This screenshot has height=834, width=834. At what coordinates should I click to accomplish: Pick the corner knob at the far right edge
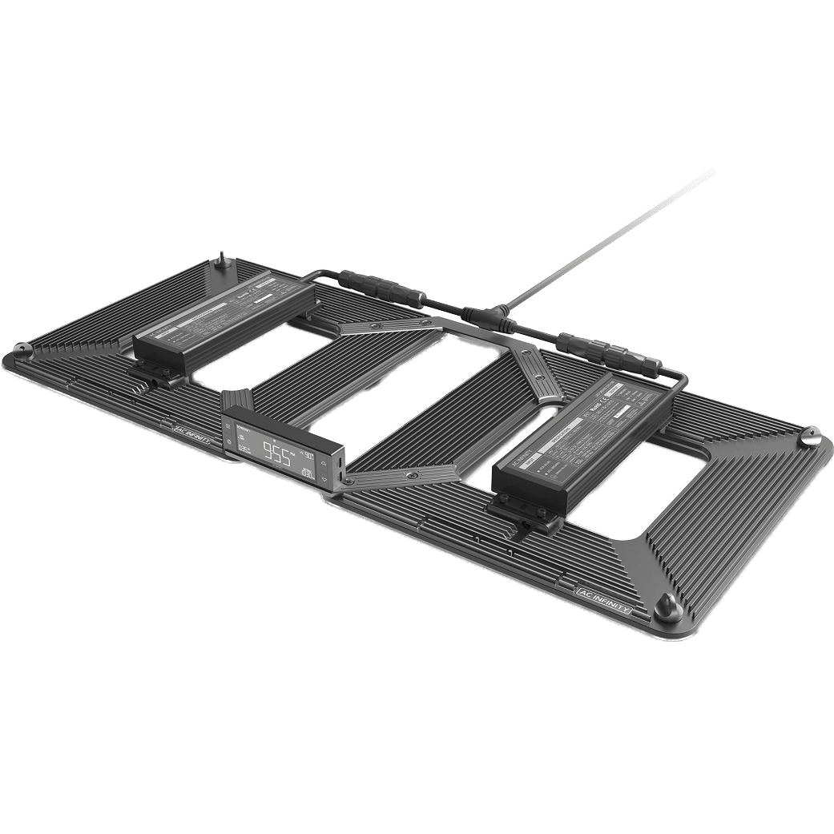(x=811, y=437)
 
